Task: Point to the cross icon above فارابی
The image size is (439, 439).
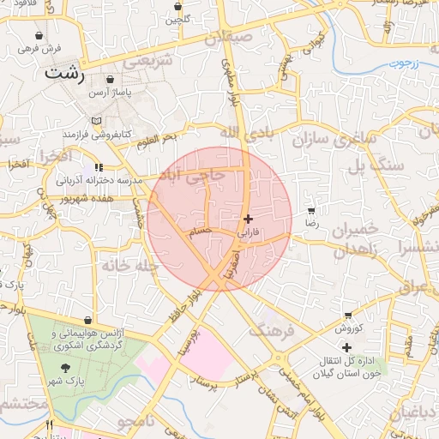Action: [249, 219]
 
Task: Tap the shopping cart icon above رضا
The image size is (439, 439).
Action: [311, 211]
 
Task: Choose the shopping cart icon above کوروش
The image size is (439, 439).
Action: [346, 316]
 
